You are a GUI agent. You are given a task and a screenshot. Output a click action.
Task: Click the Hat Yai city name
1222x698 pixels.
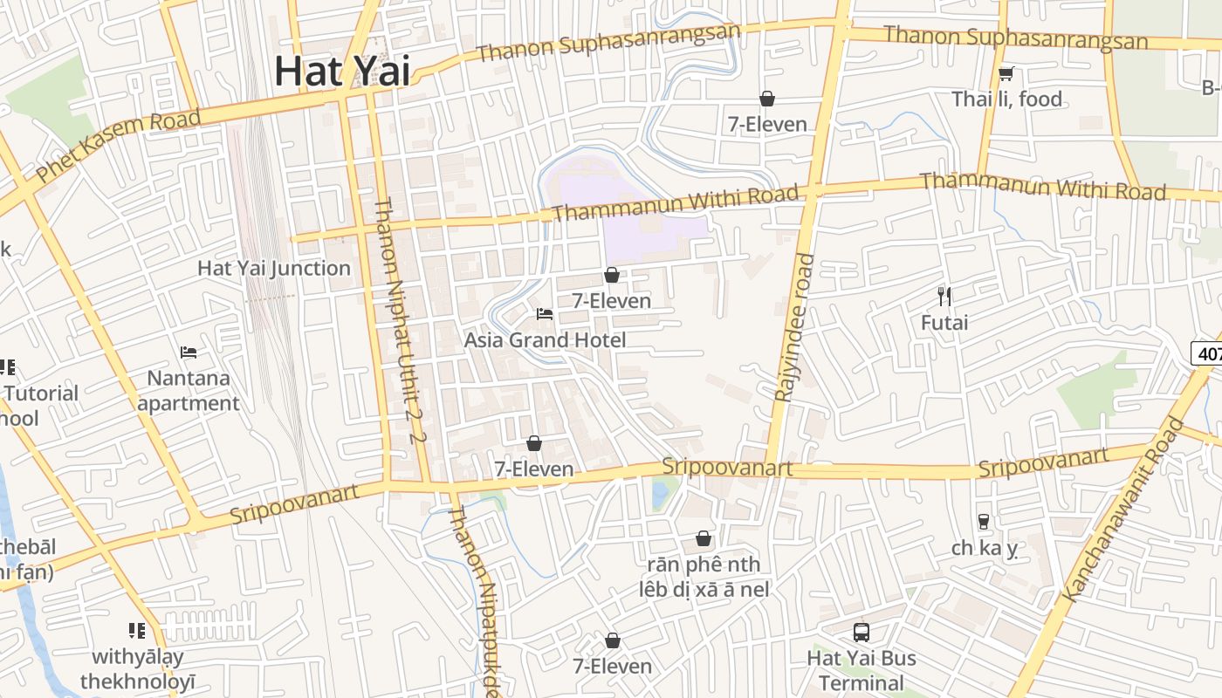(342, 72)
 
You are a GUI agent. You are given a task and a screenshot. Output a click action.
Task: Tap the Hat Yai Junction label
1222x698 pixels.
(274, 269)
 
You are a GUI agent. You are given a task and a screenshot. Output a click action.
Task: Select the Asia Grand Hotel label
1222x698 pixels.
(545, 340)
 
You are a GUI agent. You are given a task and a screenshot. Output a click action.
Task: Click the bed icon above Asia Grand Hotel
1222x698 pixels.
(545, 314)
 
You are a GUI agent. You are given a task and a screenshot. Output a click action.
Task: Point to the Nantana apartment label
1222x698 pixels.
(189, 391)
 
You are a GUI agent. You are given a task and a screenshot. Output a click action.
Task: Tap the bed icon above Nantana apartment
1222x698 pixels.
(189, 352)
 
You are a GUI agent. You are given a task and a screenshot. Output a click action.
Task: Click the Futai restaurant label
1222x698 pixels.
(944, 323)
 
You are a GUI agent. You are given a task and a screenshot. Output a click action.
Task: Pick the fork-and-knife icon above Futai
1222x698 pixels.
(944, 297)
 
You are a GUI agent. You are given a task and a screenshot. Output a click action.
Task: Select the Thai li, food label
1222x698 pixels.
(1007, 99)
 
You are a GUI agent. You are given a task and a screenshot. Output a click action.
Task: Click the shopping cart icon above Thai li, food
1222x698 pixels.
(1006, 74)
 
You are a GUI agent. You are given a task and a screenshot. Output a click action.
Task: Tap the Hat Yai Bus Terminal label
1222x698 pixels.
(862, 670)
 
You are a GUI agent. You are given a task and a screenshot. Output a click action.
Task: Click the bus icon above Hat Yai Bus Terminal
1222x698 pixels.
(862, 633)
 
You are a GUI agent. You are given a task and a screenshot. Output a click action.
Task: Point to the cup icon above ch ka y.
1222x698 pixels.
(984, 522)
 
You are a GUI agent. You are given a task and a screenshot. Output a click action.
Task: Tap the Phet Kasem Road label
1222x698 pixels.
(119, 145)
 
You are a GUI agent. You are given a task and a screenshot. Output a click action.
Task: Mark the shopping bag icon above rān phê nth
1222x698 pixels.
(704, 539)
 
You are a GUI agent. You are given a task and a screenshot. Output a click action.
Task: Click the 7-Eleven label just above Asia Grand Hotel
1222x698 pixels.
(611, 301)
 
